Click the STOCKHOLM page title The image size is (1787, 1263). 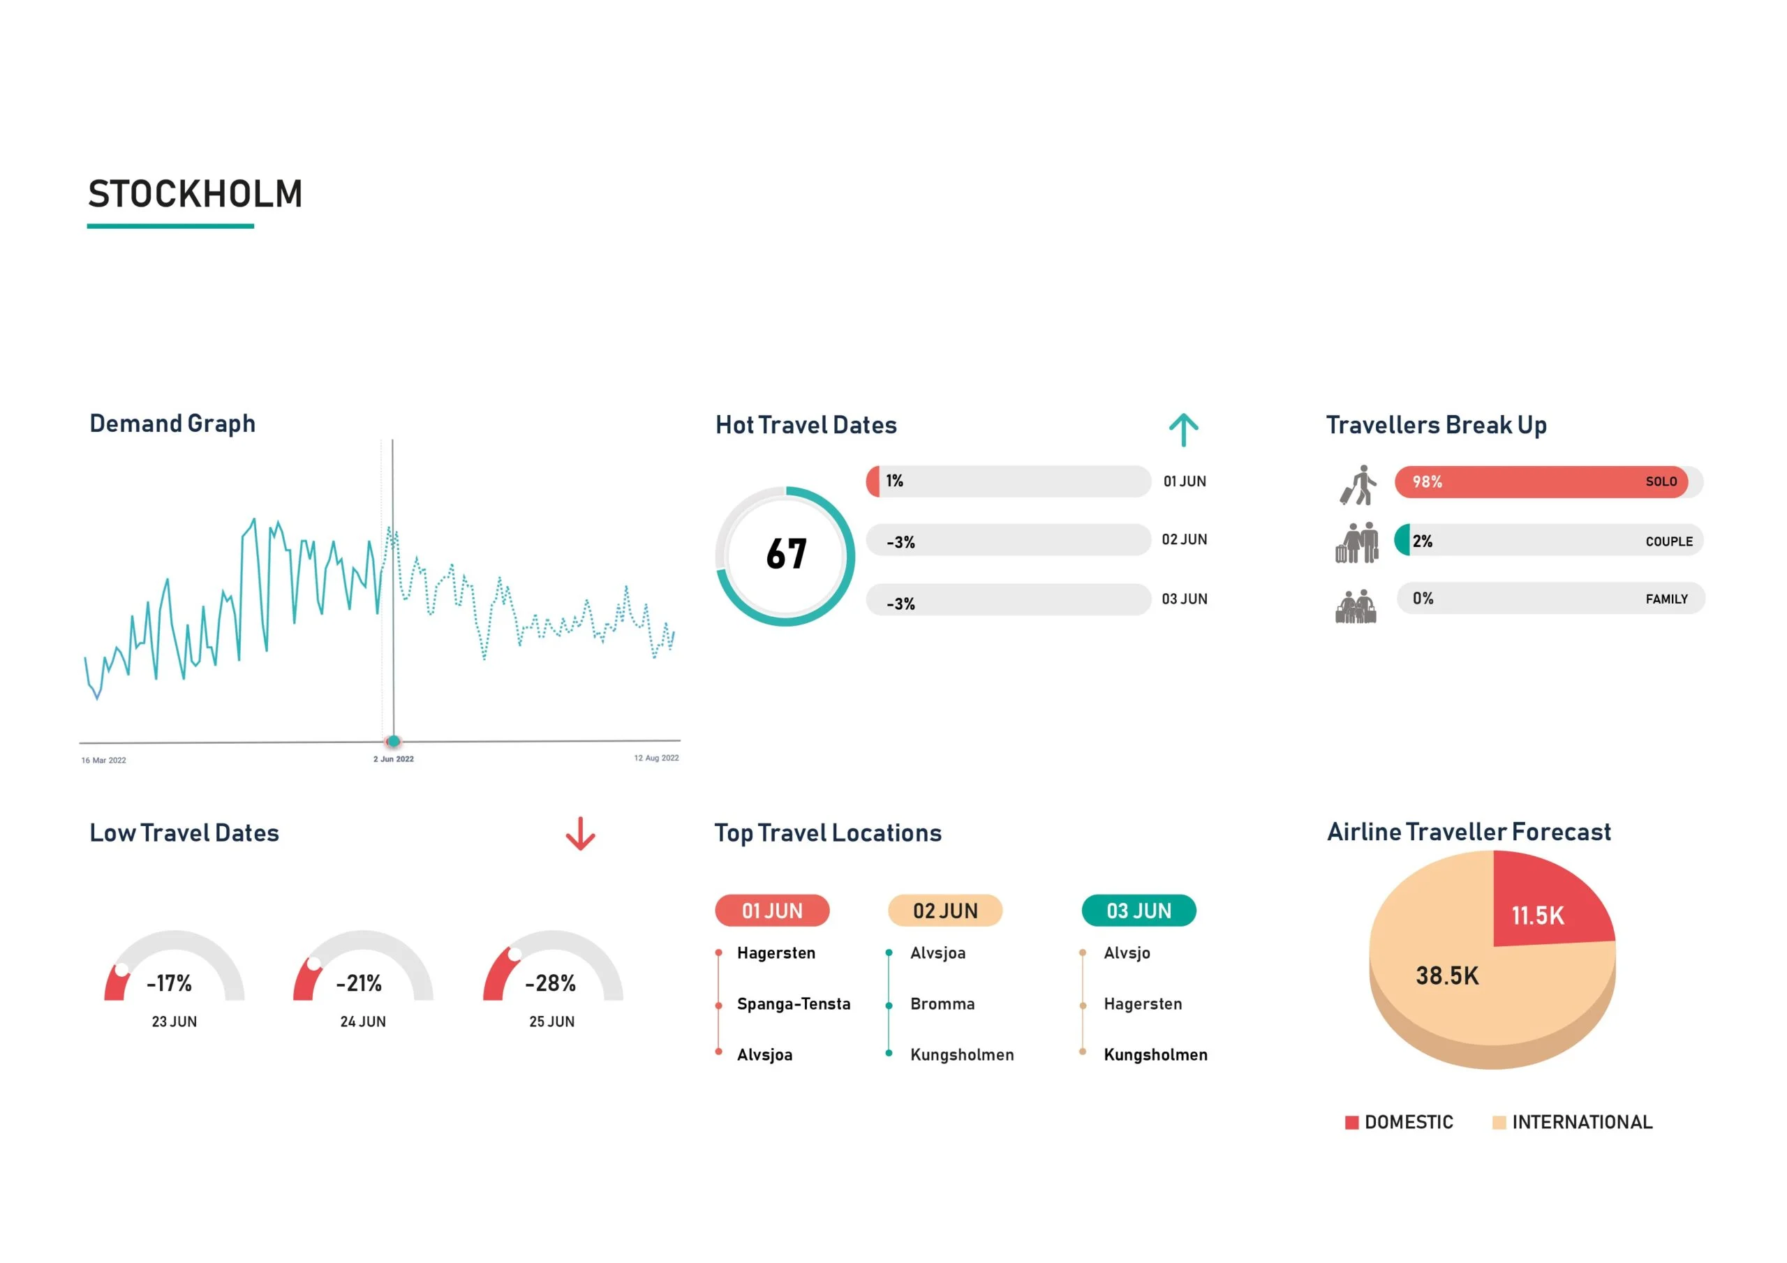pyautogui.click(x=195, y=195)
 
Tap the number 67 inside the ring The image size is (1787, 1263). pyautogui.click(x=786, y=555)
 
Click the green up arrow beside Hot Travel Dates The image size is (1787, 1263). pyautogui.click(x=1183, y=430)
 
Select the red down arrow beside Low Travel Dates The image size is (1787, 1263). pyautogui.click(x=580, y=835)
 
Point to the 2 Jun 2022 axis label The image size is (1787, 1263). pyautogui.click(x=393, y=758)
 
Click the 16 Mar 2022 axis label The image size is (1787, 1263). pyautogui.click(x=103, y=761)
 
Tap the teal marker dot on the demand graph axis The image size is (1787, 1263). pyautogui.click(x=394, y=741)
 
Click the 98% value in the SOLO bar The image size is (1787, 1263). pyautogui.click(x=1427, y=482)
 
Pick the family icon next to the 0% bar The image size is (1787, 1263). pyautogui.click(x=1356, y=606)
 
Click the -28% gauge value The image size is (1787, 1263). pyautogui.click(x=550, y=984)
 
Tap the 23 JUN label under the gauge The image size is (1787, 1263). pyautogui.click(x=175, y=1022)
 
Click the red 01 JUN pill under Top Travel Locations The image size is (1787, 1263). pyautogui.click(x=772, y=911)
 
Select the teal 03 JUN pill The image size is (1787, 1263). pyautogui.click(x=1139, y=911)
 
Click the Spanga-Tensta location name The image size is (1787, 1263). pyautogui.click(x=793, y=1004)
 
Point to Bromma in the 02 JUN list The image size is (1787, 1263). pyautogui.click(x=942, y=1004)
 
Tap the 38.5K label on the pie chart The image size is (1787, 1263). pyautogui.click(x=1446, y=976)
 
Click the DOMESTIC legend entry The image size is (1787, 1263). pyautogui.click(x=1399, y=1122)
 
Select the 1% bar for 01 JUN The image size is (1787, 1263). pyautogui.click(x=1007, y=481)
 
